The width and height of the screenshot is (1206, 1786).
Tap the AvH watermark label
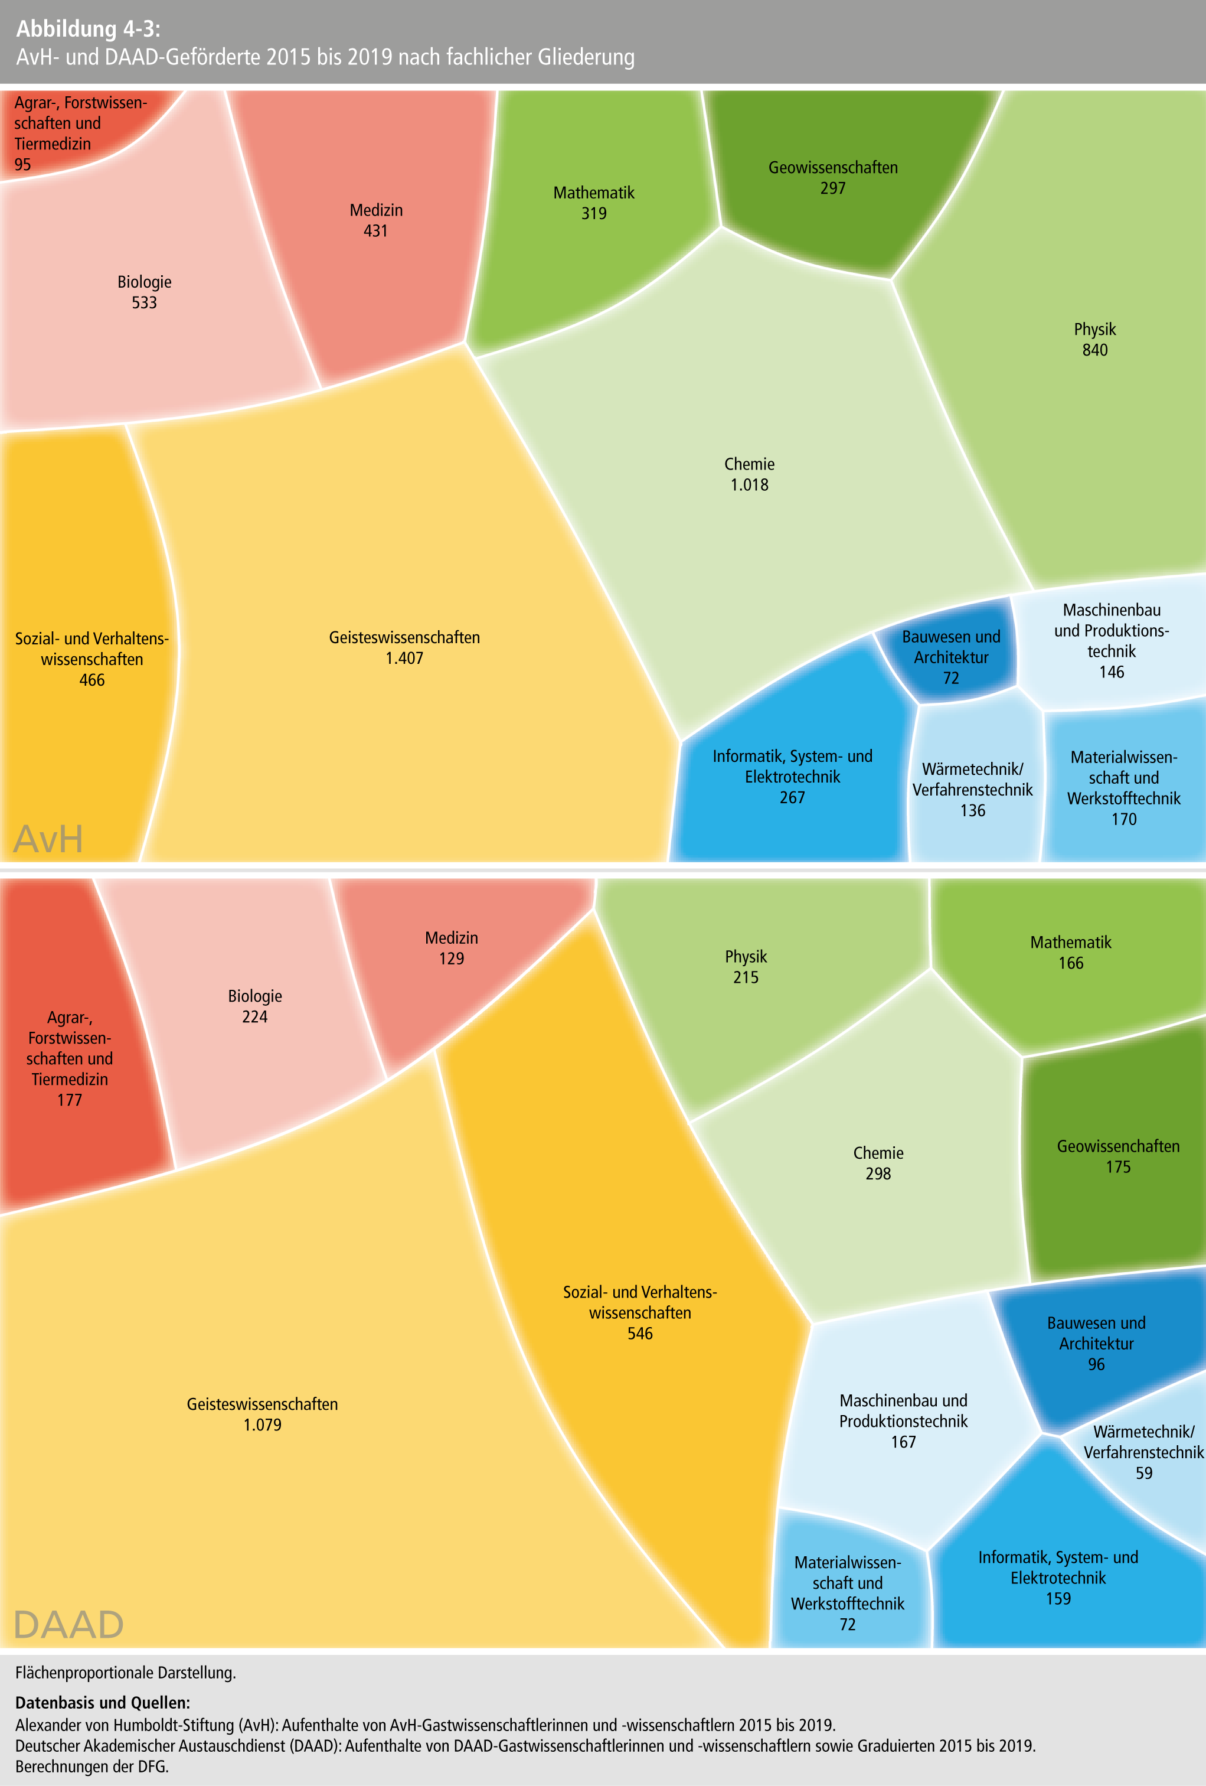coord(48,839)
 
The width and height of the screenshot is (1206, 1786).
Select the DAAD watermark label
coord(68,1625)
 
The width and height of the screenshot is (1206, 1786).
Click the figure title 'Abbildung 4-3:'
coord(89,29)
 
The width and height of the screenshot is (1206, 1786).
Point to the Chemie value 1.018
coord(749,485)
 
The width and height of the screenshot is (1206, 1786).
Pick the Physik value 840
coord(1094,350)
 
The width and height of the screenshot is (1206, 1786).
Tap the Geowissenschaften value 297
coord(833,188)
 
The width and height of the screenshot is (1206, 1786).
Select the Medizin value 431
coord(375,232)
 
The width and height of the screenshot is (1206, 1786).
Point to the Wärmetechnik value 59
coord(1144,1473)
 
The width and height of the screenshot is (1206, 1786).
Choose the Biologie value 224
coord(254,1016)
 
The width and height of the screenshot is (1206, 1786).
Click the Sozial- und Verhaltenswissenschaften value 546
coord(640,1334)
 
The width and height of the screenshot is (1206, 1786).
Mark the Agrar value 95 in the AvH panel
coord(23,164)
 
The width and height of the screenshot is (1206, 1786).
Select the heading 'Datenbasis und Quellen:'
coord(102,1702)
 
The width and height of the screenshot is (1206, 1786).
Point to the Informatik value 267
coord(792,798)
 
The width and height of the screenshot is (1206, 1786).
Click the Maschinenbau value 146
coord(1111,673)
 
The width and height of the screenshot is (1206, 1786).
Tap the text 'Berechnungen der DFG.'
coord(91,1766)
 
